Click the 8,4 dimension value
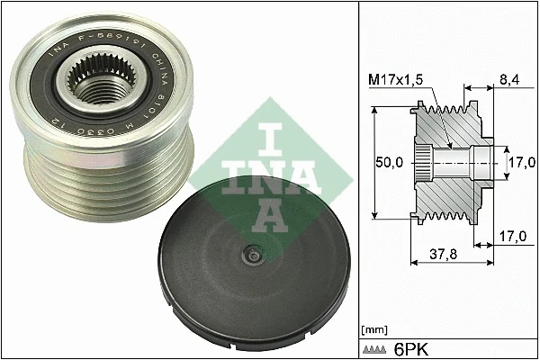510,80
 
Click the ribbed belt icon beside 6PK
373,346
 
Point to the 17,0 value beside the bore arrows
522,161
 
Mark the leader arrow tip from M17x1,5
449,147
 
